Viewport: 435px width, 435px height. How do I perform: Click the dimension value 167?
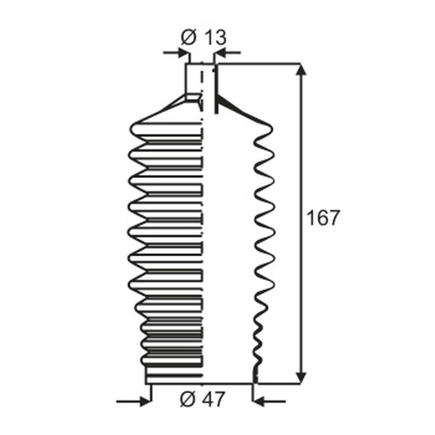click(323, 218)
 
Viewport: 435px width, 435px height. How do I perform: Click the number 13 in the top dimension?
click(216, 38)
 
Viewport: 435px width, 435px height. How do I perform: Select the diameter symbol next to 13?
click(189, 38)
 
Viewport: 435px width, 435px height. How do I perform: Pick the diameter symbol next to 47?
click(188, 399)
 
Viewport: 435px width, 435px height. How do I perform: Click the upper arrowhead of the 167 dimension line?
click(301, 69)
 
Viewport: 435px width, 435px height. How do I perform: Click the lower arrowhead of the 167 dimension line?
click(301, 378)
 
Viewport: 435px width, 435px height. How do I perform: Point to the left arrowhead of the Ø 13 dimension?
click(184, 52)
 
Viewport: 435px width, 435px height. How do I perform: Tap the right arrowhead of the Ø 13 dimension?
click(220, 52)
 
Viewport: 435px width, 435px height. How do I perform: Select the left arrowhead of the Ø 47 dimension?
click(145, 401)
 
